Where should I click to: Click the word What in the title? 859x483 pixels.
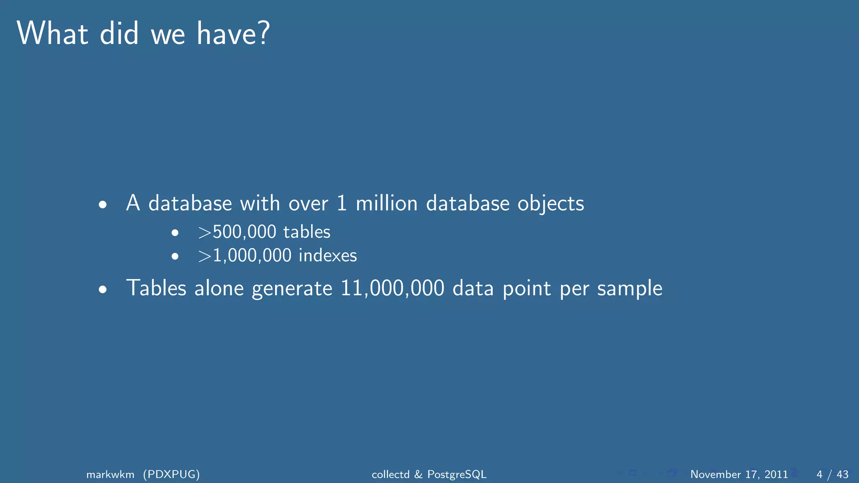[x=52, y=33]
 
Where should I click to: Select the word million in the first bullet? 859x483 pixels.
[x=386, y=203]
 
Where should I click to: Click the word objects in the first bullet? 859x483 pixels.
[x=550, y=204]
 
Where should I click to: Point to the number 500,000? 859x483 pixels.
[x=245, y=232]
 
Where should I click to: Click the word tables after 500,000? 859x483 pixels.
[x=307, y=232]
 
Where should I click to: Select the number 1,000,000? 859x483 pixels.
[x=252, y=255]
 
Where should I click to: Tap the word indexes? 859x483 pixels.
[x=328, y=255]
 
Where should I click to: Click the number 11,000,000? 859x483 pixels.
[x=392, y=288]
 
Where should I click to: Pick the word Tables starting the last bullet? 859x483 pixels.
[x=156, y=288]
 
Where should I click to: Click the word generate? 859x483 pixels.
[x=292, y=289]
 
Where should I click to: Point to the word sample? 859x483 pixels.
[x=630, y=289]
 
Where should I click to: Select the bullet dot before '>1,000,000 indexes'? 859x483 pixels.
[x=175, y=256]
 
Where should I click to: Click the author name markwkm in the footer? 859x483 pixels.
[x=110, y=474]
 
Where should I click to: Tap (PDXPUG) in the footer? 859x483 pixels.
[x=171, y=474]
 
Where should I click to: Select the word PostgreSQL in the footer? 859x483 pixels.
[x=457, y=474]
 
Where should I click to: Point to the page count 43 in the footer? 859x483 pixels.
[x=842, y=474]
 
